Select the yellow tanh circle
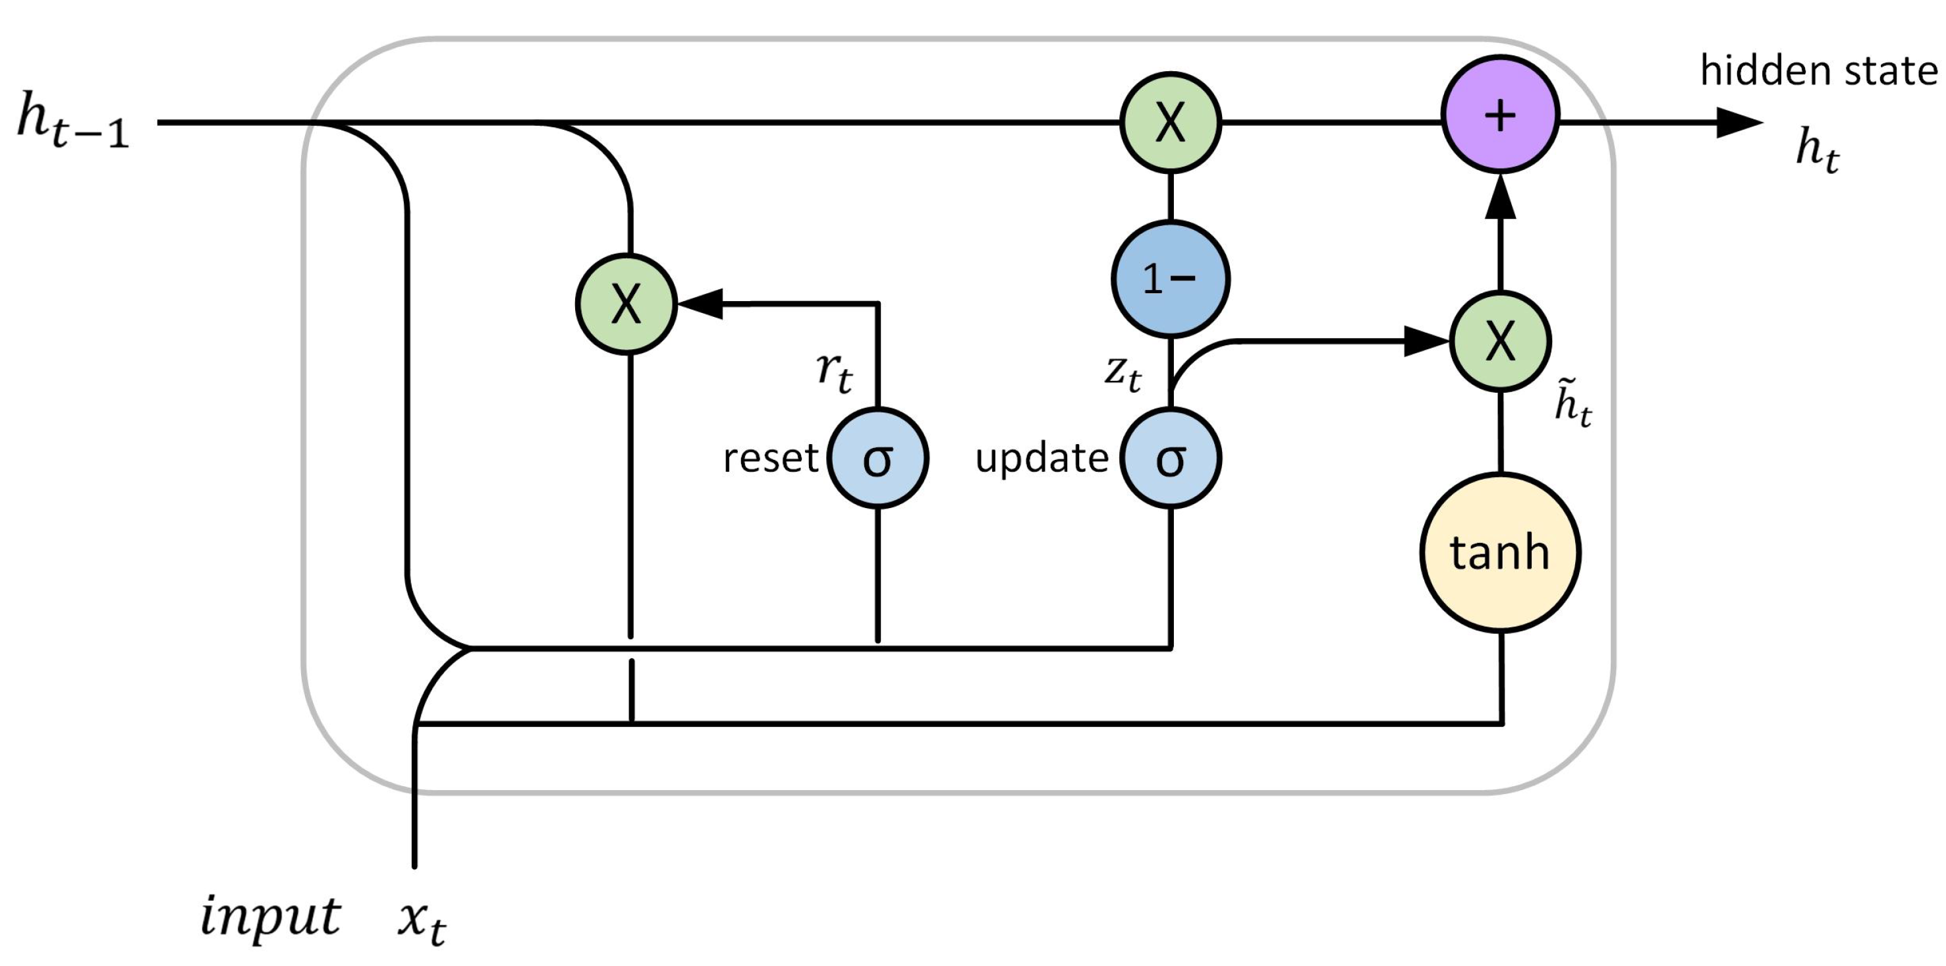point(1500,553)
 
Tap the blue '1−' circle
point(1170,279)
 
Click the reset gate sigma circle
point(878,458)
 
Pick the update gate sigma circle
point(1170,458)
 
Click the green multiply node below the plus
point(1500,341)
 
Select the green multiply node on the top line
point(1170,122)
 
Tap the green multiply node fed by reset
point(626,304)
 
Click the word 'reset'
point(770,458)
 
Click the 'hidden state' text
point(1818,71)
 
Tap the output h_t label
point(1818,150)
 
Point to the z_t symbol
point(1123,373)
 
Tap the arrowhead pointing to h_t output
point(1740,122)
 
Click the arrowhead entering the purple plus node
point(1500,196)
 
